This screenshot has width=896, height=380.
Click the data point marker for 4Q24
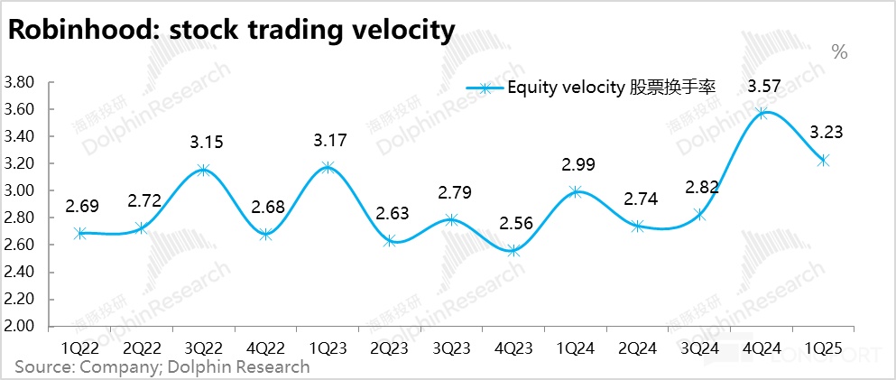click(763, 114)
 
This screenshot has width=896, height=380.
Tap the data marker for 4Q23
click(514, 250)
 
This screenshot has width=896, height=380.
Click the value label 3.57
click(764, 87)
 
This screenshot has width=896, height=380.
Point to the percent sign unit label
click(839, 52)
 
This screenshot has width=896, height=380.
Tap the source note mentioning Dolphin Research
click(162, 366)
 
